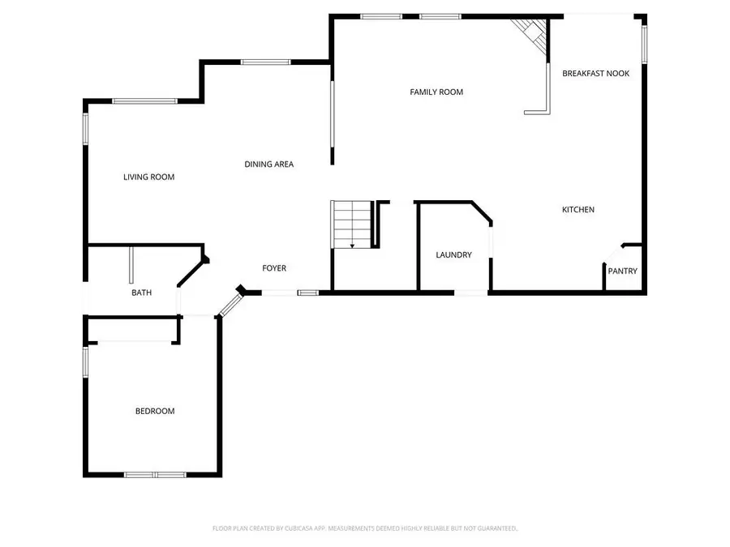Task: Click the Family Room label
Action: pos(436,92)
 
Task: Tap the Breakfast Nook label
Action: pos(596,73)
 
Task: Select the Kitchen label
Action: pos(578,210)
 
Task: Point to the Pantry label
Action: pos(623,271)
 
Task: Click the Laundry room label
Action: pos(453,255)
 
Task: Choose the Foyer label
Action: pos(273,268)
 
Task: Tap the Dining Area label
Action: pos(268,165)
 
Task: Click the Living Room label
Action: pos(148,177)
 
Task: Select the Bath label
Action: pos(142,293)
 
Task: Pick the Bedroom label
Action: pos(154,412)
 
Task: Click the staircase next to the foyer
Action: pos(351,224)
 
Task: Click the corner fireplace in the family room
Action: pos(531,34)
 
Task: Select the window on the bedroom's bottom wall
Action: pos(155,474)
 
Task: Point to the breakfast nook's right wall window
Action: pos(645,44)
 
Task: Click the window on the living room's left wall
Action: pos(85,128)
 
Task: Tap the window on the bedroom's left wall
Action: pos(85,361)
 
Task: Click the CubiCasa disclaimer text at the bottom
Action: pos(365,528)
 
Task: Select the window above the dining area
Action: pos(265,62)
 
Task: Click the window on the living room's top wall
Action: pos(144,100)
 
